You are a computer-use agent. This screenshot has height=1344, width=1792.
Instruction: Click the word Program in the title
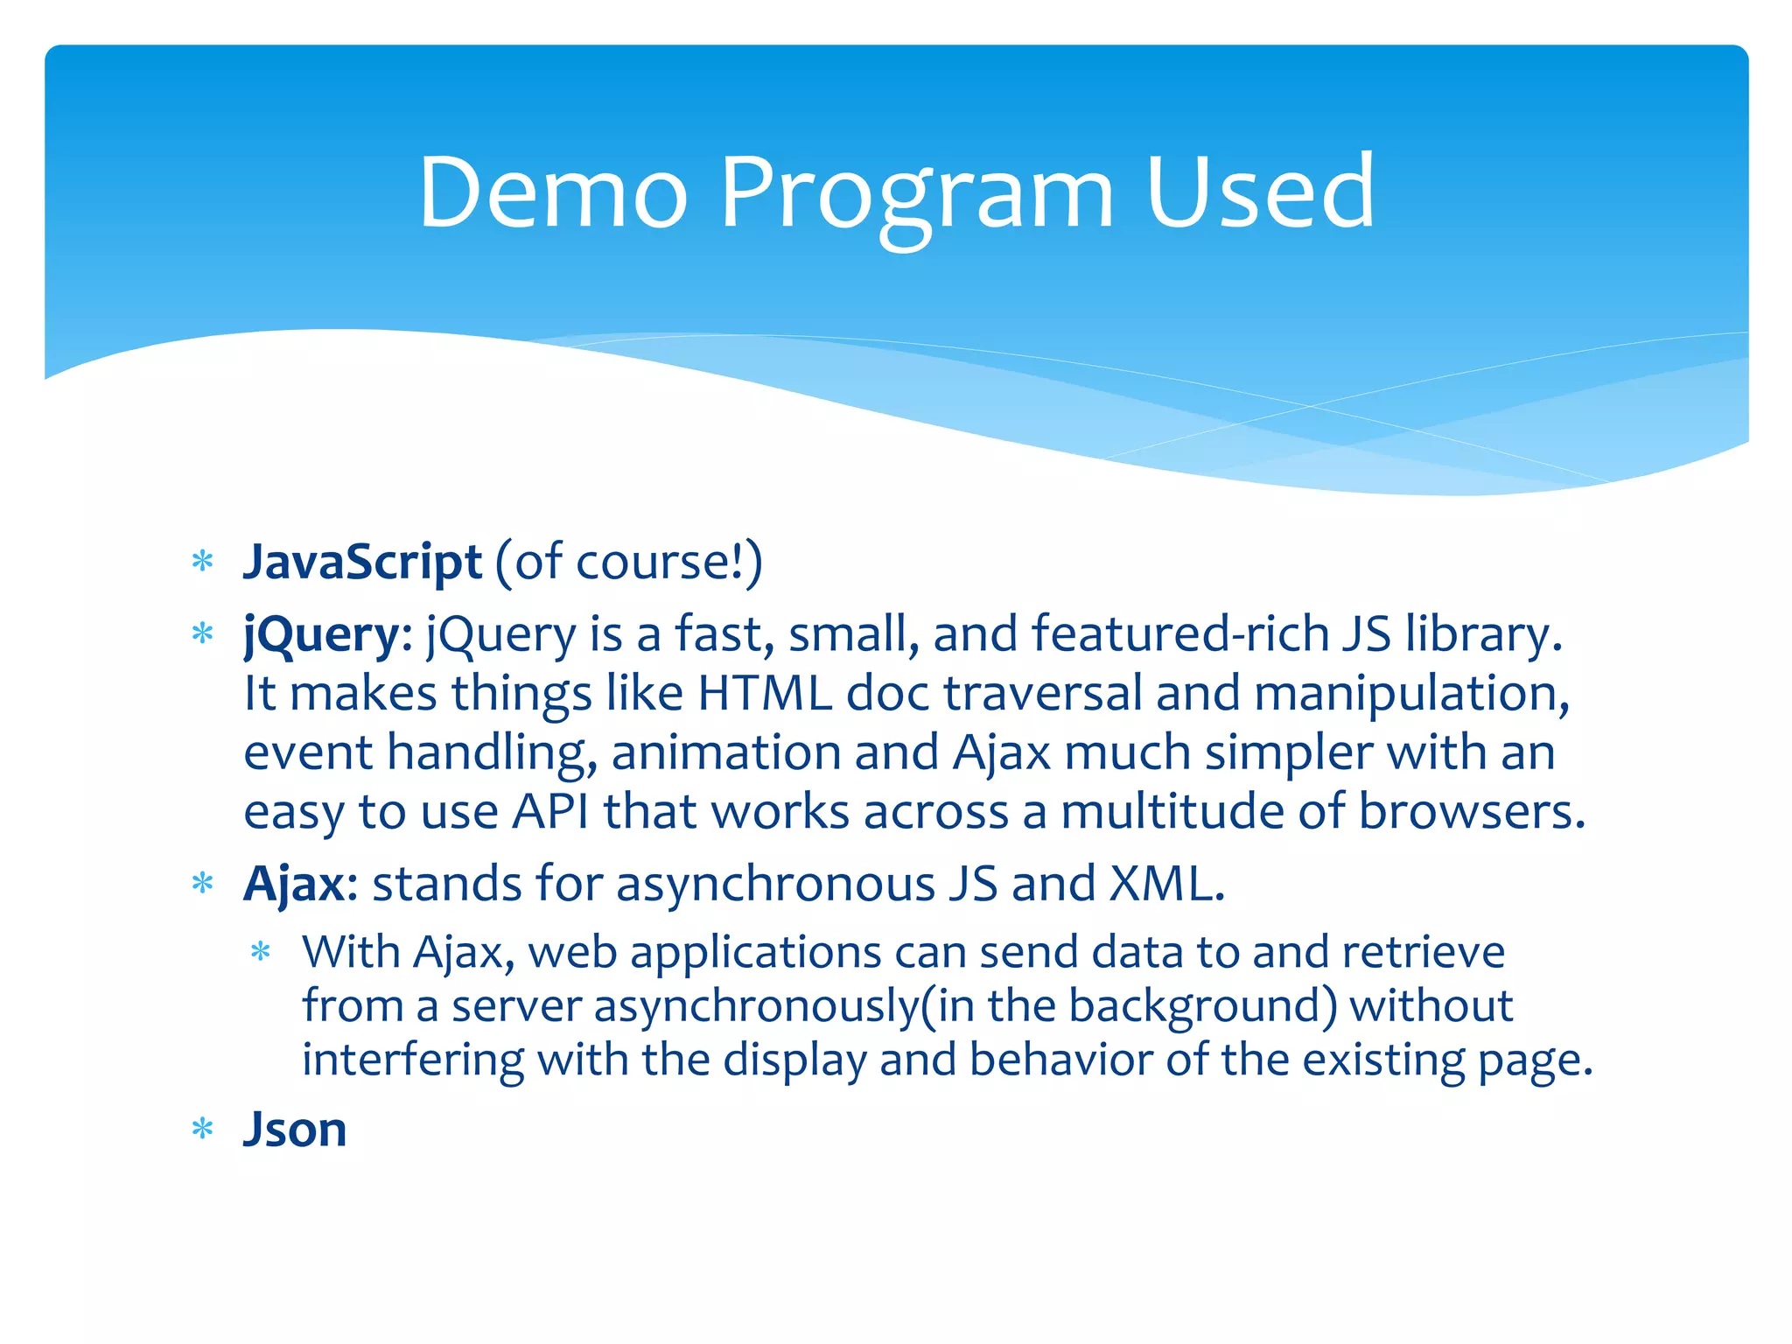tap(915, 194)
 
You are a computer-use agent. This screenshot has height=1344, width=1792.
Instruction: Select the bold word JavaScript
tap(362, 562)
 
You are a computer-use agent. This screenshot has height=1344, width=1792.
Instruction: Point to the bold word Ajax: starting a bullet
tap(300, 884)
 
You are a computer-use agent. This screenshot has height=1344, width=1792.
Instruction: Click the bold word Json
tap(295, 1129)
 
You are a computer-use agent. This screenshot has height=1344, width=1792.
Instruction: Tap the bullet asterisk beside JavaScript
tap(203, 562)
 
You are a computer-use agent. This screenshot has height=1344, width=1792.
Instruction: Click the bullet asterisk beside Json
tap(203, 1130)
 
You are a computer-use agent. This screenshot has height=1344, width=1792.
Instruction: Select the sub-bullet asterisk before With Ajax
tap(261, 952)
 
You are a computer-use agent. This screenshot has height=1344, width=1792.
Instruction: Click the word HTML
tap(764, 693)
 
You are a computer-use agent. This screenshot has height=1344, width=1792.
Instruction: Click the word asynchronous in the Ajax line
tap(775, 884)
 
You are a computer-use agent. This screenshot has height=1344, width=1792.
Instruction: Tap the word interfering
tap(413, 1060)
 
